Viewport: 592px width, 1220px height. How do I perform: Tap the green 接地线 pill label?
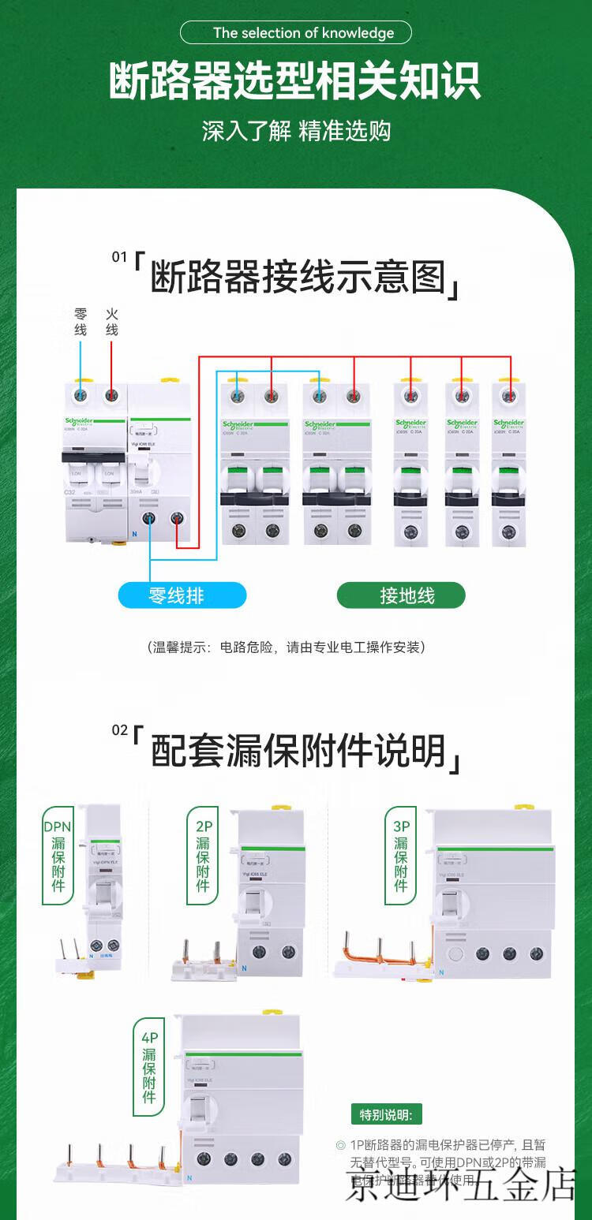(x=401, y=595)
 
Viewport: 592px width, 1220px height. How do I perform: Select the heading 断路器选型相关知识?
(x=295, y=81)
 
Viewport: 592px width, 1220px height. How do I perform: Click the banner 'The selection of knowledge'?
(x=296, y=32)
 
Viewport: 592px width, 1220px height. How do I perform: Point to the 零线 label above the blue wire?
(x=81, y=322)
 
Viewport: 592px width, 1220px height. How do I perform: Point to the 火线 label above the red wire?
(x=112, y=322)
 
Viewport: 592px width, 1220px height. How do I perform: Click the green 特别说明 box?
(x=386, y=1115)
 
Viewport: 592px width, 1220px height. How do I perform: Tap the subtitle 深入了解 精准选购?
(x=296, y=130)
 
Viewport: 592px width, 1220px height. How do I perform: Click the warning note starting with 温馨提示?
(x=286, y=647)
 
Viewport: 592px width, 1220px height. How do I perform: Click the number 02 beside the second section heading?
(x=119, y=730)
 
